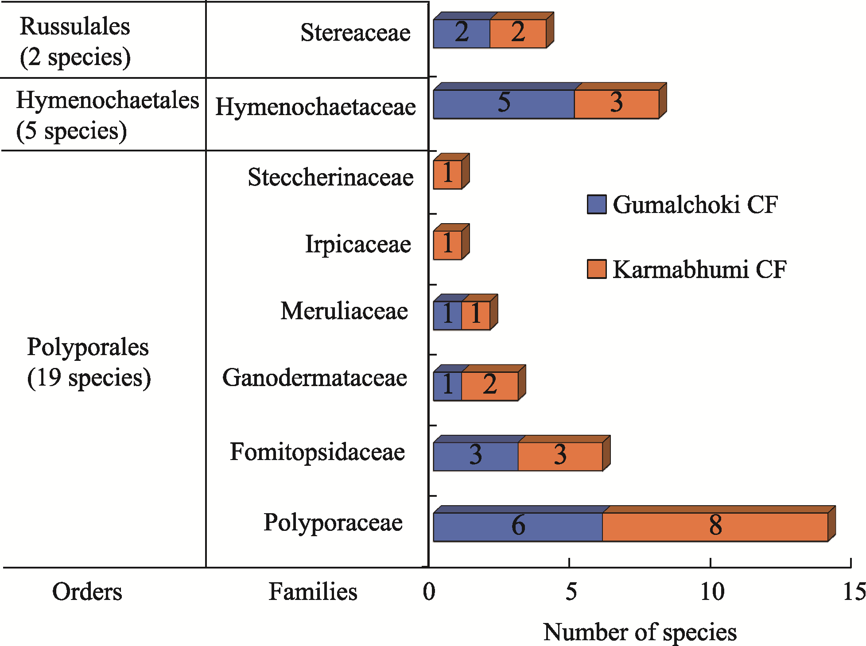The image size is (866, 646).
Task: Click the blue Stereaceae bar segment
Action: (462, 33)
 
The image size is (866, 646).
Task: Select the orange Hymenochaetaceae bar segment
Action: (617, 104)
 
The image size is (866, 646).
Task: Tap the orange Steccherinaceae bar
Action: (447, 174)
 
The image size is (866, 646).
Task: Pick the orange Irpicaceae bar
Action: (447, 245)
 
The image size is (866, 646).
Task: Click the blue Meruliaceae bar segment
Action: (447, 315)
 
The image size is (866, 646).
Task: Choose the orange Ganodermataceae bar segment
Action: (490, 386)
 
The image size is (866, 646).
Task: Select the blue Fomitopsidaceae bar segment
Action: (476, 456)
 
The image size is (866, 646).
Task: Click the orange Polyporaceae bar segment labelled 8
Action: (715, 527)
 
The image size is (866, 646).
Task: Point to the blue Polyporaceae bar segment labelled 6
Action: (518, 527)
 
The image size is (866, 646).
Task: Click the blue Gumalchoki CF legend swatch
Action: (597, 204)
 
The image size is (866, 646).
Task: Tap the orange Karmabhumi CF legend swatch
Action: (597, 269)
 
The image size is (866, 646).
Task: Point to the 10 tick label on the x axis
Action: (712, 592)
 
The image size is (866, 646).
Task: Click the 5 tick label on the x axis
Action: (571, 592)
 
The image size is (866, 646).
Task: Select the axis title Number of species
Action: (640, 632)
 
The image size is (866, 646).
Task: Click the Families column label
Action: (313, 592)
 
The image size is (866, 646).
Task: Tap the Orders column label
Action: (87, 592)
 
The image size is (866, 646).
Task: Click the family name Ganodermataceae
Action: (315, 378)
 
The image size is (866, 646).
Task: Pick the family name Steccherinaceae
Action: (330, 177)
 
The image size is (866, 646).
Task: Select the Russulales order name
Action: (75, 26)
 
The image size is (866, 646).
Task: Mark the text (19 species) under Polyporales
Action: (89, 378)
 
